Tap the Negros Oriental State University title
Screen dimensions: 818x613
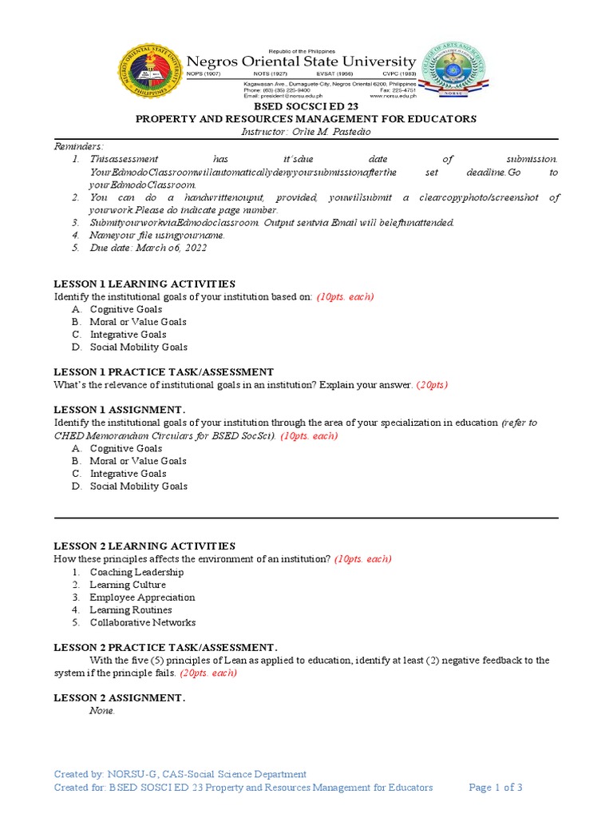(x=301, y=62)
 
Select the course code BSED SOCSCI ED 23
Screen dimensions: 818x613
(x=306, y=106)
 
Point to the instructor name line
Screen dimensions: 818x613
(x=306, y=132)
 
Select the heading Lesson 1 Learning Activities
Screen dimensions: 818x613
(x=144, y=284)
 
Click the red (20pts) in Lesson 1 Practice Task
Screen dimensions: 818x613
(x=432, y=385)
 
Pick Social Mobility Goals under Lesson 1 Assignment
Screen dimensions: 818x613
(x=138, y=486)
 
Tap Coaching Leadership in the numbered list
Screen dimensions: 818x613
(x=136, y=572)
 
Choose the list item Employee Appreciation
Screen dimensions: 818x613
(x=142, y=598)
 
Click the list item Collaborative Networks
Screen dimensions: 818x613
(x=142, y=623)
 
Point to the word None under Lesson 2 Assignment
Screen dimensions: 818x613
(x=102, y=711)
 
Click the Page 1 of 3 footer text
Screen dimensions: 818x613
(x=496, y=788)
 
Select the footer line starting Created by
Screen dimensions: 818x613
(x=180, y=774)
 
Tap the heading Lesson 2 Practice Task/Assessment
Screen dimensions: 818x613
(x=165, y=647)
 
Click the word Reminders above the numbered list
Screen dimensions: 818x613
(x=78, y=146)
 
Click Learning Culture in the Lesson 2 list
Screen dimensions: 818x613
(x=128, y=585)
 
